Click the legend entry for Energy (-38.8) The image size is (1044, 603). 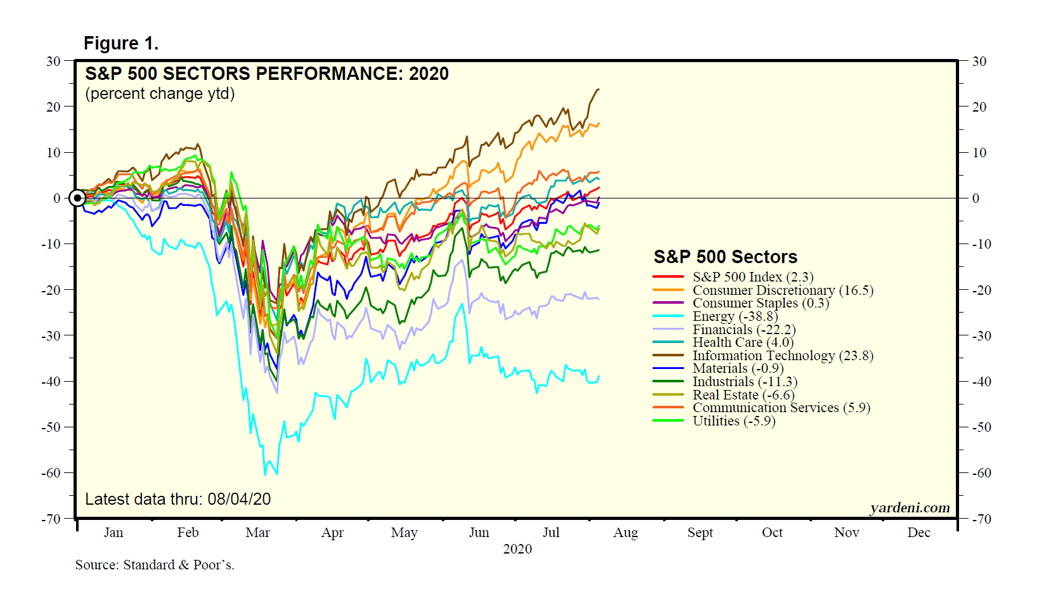point(735,316)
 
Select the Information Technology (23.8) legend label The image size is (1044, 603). point(783,356)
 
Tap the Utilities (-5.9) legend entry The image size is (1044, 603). point(733,421)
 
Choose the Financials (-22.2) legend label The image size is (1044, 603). point(744,330)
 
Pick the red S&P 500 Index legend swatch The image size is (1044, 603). point(668,277)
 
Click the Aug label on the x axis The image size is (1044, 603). point(625,533)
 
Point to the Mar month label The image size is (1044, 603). point(257,533)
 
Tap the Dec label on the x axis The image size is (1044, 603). point(918,533)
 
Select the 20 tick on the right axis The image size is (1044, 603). point(979,107)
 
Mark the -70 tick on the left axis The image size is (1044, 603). point(51,519)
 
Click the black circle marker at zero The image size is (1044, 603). point(77,198)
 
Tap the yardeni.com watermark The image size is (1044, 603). point(910,508)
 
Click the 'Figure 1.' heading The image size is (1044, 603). point(121,44)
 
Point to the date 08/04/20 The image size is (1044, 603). point(239,500)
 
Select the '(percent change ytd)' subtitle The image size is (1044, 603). point(160,94)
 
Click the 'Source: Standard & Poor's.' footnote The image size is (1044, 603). point(155,565)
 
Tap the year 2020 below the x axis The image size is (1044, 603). point(517,549)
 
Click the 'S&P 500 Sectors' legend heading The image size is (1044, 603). point(725,257)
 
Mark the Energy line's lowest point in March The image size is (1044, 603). point(265,474)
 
